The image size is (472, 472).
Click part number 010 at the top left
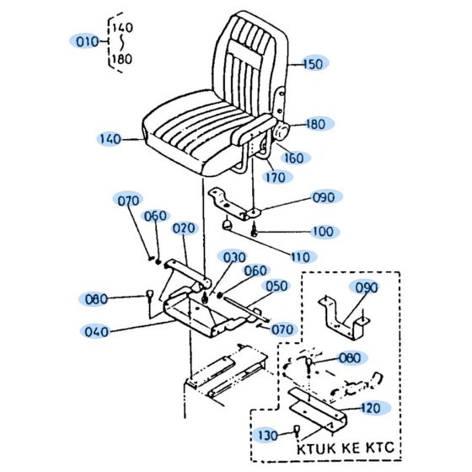pyautogui.click(x=88, y=41)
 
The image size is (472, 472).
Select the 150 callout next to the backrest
pyautogui.click(x=313, y=64)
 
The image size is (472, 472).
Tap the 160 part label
pyautogui.click(x=294, y=158)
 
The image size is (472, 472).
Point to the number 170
pyautogui.click(x=275, y=177)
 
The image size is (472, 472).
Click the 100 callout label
pyautogui.click(x=322, y=231)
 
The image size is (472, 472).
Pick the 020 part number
pyautogui.click(x=184, y=228)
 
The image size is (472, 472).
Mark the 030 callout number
pyautogui.click(x=233, y=257)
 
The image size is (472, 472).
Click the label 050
pyautogui.click(x=277, y=287)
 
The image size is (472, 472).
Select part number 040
pyautogui.click(x=97, y=331)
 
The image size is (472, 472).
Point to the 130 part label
pyautogui.click(x=266, y=435)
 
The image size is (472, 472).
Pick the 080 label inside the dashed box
pyautogui.click(x=349, y=358)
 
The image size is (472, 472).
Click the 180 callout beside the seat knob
pyautogui.click(x=315, y=124)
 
